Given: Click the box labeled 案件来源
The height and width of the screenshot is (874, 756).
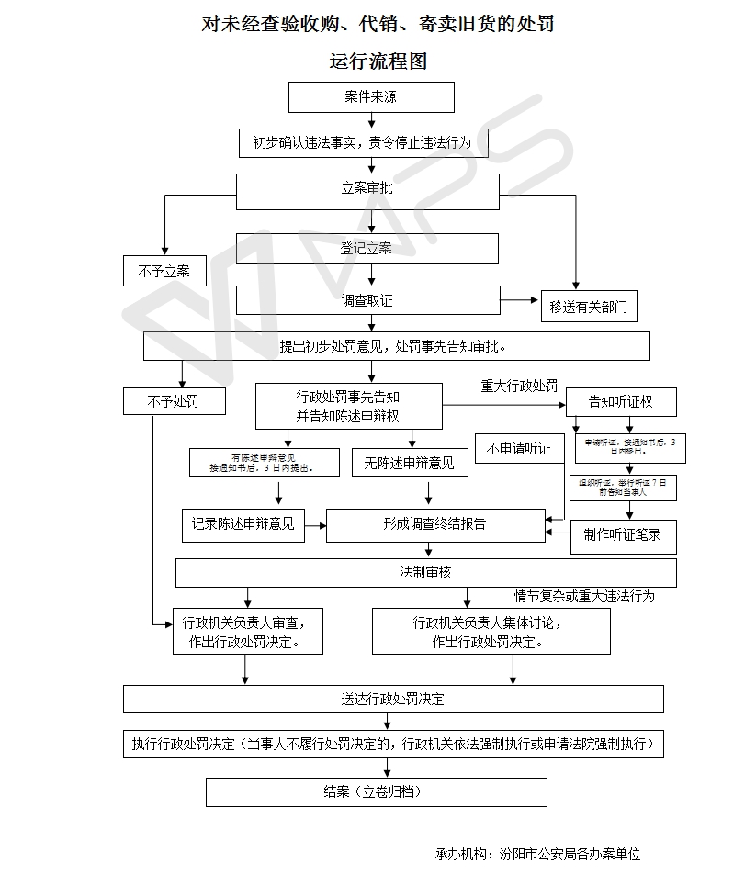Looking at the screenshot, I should click(371, 97).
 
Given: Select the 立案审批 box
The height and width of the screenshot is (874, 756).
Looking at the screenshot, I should click(367, 190).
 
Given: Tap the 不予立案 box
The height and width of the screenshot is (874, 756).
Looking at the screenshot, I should click(164, 271).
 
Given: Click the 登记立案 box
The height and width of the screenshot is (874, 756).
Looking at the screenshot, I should click(367, 249).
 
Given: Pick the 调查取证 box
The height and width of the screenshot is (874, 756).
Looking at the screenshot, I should click(367, 300).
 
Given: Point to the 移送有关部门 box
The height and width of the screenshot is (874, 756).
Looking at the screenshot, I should click(589, 308).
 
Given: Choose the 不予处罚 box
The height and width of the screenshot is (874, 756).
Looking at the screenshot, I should click(173, 401).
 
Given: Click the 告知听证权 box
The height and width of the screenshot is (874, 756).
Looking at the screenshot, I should click(620, 401).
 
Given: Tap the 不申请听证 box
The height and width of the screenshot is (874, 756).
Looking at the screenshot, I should click(519, 449).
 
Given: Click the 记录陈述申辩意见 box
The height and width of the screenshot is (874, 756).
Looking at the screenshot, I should click(243, 524).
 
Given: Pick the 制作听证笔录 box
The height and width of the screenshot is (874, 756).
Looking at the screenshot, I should click(623, 535).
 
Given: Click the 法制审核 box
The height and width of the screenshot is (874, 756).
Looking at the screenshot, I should click(426, 573).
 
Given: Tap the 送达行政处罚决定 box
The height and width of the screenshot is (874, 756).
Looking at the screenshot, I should click(393, 699).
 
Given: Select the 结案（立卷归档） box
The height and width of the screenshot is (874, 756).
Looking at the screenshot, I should click(376, 791).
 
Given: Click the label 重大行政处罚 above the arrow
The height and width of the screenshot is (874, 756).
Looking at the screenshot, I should click(519, 387).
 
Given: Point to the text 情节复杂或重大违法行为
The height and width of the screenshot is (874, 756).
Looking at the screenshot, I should click(584, 596).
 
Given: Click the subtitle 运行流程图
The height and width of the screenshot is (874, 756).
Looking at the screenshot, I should click(378, 62).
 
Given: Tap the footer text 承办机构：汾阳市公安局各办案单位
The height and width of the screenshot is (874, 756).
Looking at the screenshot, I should click(537, 854).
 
